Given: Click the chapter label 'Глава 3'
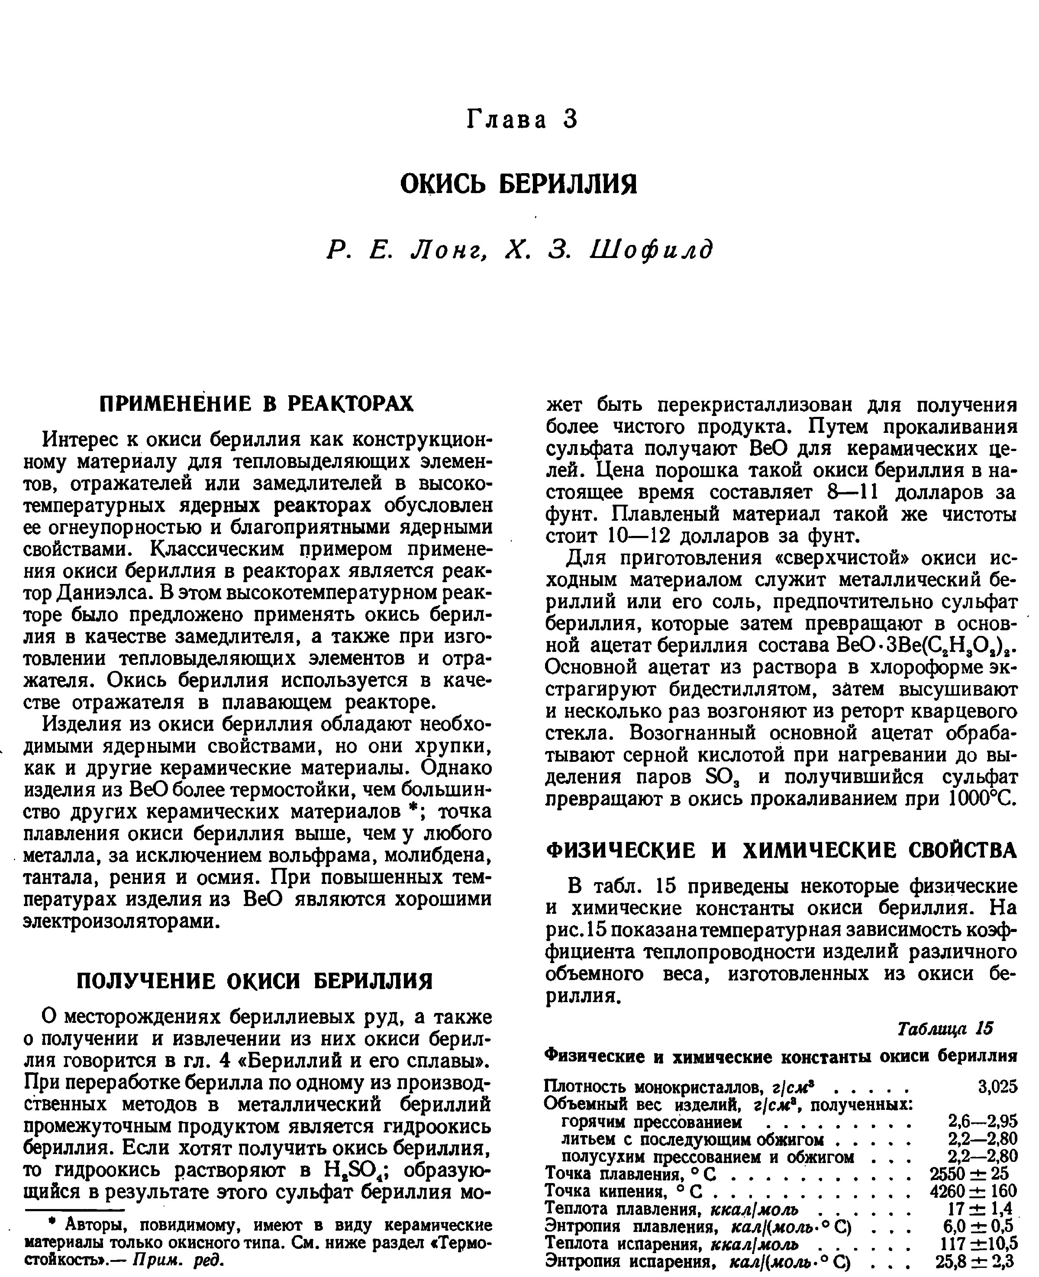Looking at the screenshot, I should coord(522,119).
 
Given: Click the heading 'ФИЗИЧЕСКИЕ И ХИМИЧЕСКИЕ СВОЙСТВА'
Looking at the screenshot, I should coord(782,850).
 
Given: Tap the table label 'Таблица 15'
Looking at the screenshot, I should coord(945,1028).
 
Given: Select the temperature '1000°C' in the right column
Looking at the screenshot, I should coord(983,799).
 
